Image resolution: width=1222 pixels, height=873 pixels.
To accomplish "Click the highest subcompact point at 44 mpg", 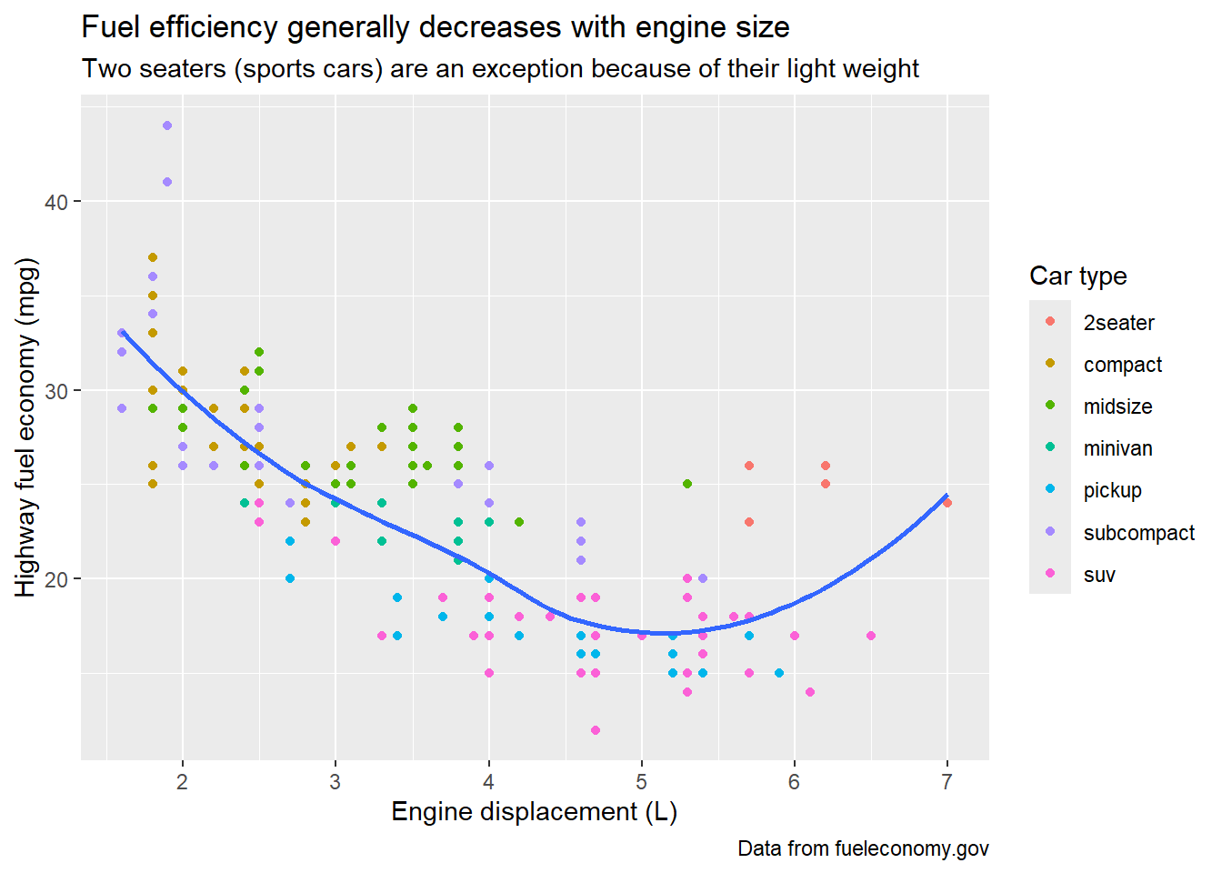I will click(x=167, y=125).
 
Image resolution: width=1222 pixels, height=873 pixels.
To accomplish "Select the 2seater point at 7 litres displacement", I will click(x=947, y=503).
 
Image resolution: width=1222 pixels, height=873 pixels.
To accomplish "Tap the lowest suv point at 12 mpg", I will click(x=596, y=730).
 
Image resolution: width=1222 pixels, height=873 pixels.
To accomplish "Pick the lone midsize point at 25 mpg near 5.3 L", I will click(x=687, y=484).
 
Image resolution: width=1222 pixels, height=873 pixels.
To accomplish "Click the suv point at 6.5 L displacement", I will click(x=871, y=636).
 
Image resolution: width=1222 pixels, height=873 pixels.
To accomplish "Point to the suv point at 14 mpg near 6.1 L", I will click(x=810, y=692).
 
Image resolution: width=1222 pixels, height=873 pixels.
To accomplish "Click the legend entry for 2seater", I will click(x=1118, y=323).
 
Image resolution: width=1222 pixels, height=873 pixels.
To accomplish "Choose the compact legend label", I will click(x=1122, y=365).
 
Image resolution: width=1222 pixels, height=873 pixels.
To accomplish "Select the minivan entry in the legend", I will click(x=1117, y=448).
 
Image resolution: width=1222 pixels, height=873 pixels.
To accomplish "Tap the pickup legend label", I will click(x=1112, y=490).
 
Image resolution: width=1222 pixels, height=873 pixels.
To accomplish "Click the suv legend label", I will click(x=1099, y=575).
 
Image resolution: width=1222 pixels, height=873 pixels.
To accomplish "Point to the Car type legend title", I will click(x=1077, y=276).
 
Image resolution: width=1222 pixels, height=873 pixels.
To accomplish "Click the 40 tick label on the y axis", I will click(x=56, y=202).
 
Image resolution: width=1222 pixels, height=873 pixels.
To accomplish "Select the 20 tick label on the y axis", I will click(x=56, y=579).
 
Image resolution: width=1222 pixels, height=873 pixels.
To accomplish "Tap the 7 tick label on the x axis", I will click(x=947, y=782).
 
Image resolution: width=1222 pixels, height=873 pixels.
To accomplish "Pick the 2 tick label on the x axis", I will click(x=183, y=782).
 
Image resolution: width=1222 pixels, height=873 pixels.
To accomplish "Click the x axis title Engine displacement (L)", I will click(x=535, y=811).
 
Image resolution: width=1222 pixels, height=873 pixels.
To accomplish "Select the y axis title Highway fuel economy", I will click(x=26, y=427).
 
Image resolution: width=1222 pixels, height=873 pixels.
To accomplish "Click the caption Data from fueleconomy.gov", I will click(x=863, y=848).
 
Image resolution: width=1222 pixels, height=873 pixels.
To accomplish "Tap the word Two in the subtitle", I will click(x=107, y=69).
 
